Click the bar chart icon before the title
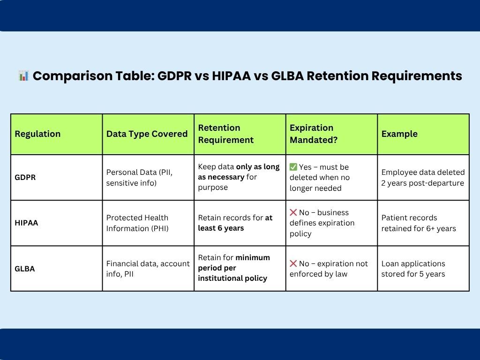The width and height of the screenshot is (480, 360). [x=24, y=75]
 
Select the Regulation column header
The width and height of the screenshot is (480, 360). [x=37, y=134]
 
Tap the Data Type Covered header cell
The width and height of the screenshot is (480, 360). [x=147, y=134]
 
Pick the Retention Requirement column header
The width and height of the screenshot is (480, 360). [x=225, y=134]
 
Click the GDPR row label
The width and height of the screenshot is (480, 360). [x=25, y=178]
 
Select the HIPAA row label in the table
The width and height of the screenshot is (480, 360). [x=27, y=223]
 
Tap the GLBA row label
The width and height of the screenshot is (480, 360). [x=25, y=269]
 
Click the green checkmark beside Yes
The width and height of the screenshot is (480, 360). [x=293, y=167]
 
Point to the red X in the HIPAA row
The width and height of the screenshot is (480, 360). [x=293, y=212]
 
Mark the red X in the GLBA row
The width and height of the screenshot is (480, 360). [x=293, y=263]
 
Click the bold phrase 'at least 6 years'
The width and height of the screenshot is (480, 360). [x=234, y=223]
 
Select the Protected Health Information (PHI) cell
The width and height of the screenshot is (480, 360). [x=137, y=223]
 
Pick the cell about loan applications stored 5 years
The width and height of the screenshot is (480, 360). [x=413, y=269]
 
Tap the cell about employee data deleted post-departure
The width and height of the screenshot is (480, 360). [x=423, y=178]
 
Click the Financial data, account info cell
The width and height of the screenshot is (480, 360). [x=148, y=269]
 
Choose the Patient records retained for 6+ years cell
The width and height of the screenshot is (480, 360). [x=418, y=223]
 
